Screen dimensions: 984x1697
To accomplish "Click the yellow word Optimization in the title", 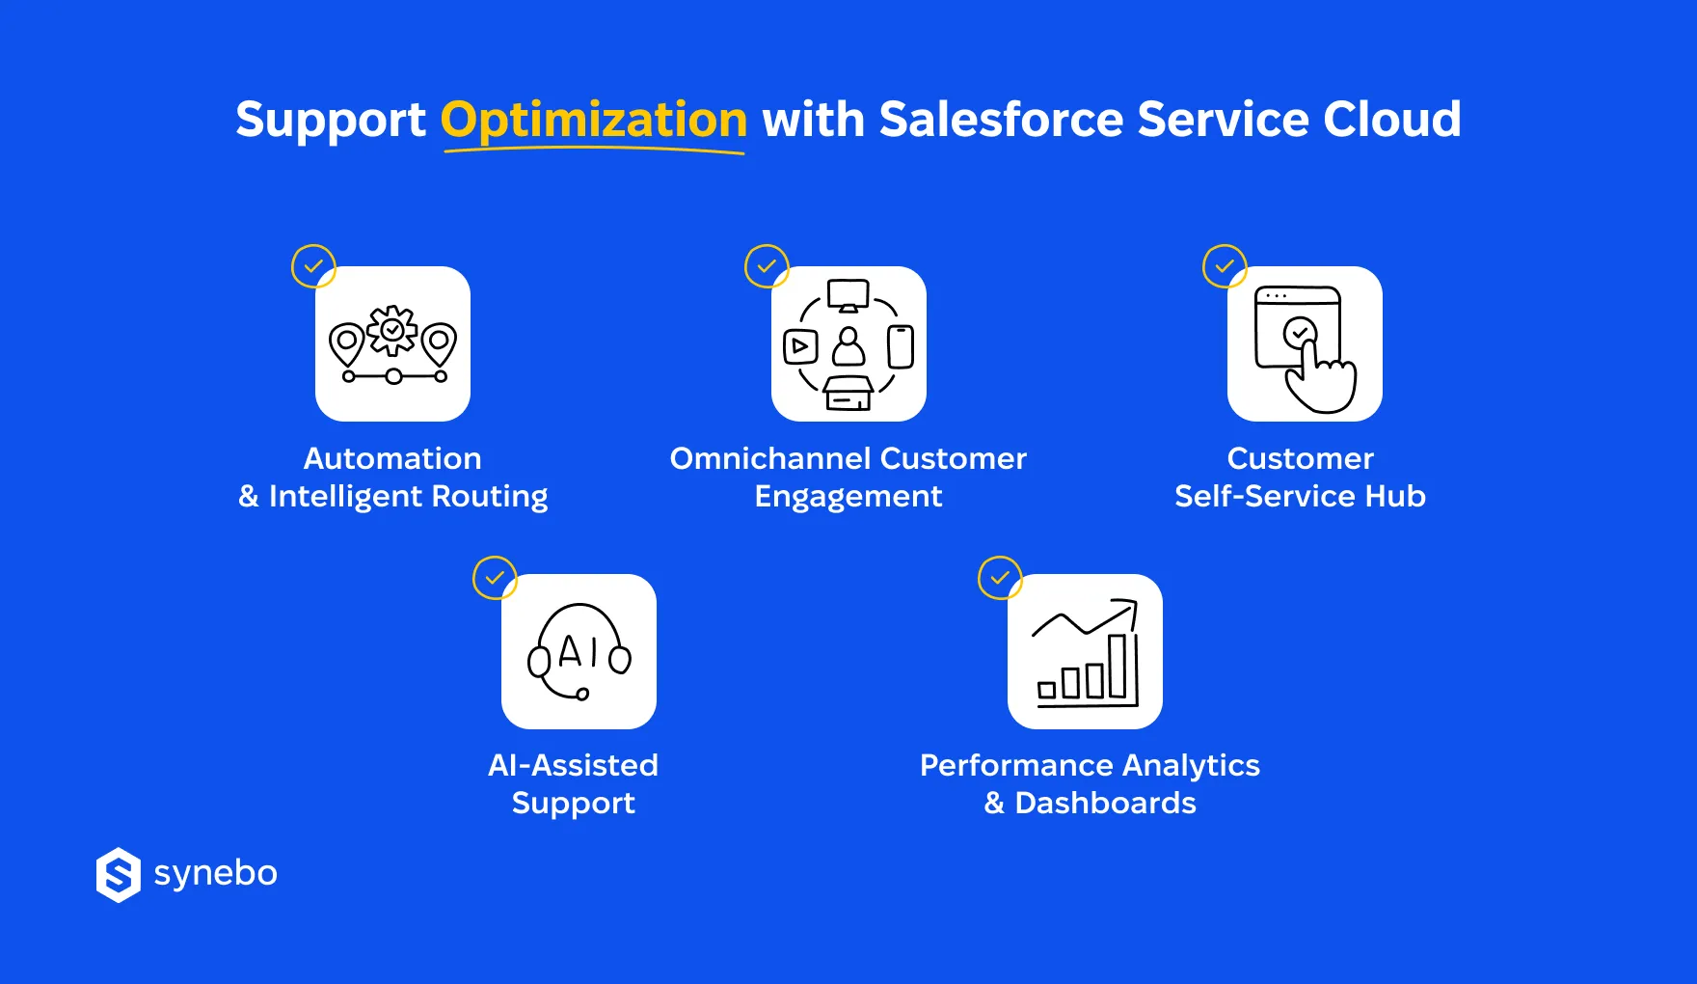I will [x=593, y=120].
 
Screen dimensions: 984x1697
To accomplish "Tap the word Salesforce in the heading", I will [x=1001, y=120].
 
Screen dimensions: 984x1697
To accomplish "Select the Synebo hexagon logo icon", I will [x=119, y=875].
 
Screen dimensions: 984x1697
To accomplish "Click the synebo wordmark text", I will [x=216, y=873].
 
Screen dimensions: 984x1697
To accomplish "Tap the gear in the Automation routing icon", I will [x=392, y=331].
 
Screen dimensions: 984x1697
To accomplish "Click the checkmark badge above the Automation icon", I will [x=313, y=266].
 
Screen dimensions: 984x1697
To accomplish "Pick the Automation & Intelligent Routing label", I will [x=392, y=477].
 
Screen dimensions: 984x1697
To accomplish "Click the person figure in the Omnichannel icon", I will [x=848, y=345].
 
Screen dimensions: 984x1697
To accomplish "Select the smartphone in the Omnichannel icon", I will [x=901, y=346].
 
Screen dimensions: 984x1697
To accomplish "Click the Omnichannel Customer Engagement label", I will [x=848, y=477].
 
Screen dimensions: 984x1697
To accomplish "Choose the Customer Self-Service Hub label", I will [x=1300, y=477].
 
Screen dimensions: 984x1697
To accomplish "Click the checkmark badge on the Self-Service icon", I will [x=1225, y=266].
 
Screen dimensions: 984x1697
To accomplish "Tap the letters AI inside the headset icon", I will [x=578, y=652].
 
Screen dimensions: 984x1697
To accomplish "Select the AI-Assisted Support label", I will [x=574, y=783].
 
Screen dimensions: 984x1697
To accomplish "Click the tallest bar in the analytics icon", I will [x=1118, y=665].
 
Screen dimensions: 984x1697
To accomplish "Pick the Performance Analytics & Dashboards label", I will [x=1090, y=783].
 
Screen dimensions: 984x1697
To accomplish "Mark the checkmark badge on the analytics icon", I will [x=1000, y=578].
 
